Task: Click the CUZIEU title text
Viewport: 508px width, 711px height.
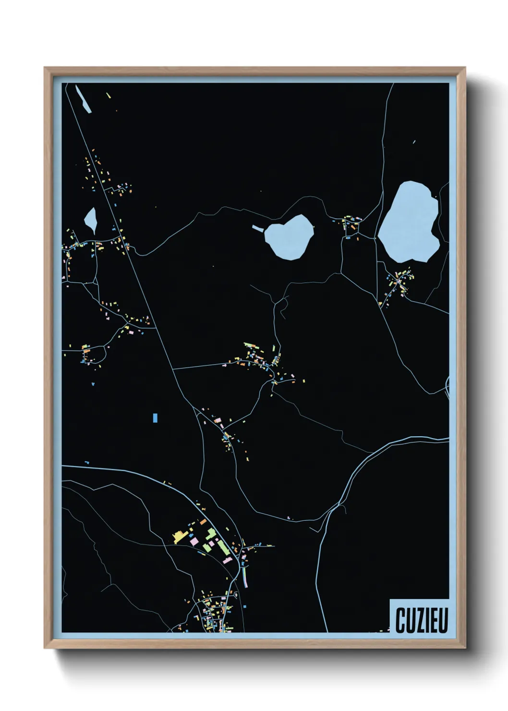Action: click(x=422, y=620)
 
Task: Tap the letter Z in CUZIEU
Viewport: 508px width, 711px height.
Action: click(x=420, y=620)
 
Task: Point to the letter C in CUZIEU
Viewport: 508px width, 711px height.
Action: click(x=400, y=620)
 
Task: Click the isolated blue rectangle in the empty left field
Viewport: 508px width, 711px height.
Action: click(x=155, y=417)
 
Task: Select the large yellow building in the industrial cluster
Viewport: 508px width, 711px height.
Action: click(x=181, y=536)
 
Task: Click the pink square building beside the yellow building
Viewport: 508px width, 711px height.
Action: click(x=194, y=541)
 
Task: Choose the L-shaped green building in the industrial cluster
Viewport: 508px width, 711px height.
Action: click(x=210, y=533)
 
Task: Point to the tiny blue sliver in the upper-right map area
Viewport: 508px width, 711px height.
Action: click(x=414, y=142)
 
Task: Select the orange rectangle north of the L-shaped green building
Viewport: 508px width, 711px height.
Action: click(x=203, y=521)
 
